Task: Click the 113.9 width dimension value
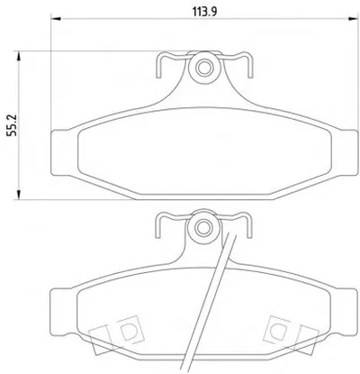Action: click(x=205, y=12)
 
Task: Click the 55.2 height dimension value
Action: click(x=13, y=125)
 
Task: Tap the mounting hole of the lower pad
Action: click(x=203, y=227)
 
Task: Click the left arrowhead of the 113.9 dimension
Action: click(x=56, y=19)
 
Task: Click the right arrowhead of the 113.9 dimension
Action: click(x=354, y=19)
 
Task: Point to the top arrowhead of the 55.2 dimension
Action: click(x=19, y=56)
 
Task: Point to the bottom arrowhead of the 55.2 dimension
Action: click(x=19, y=195)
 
